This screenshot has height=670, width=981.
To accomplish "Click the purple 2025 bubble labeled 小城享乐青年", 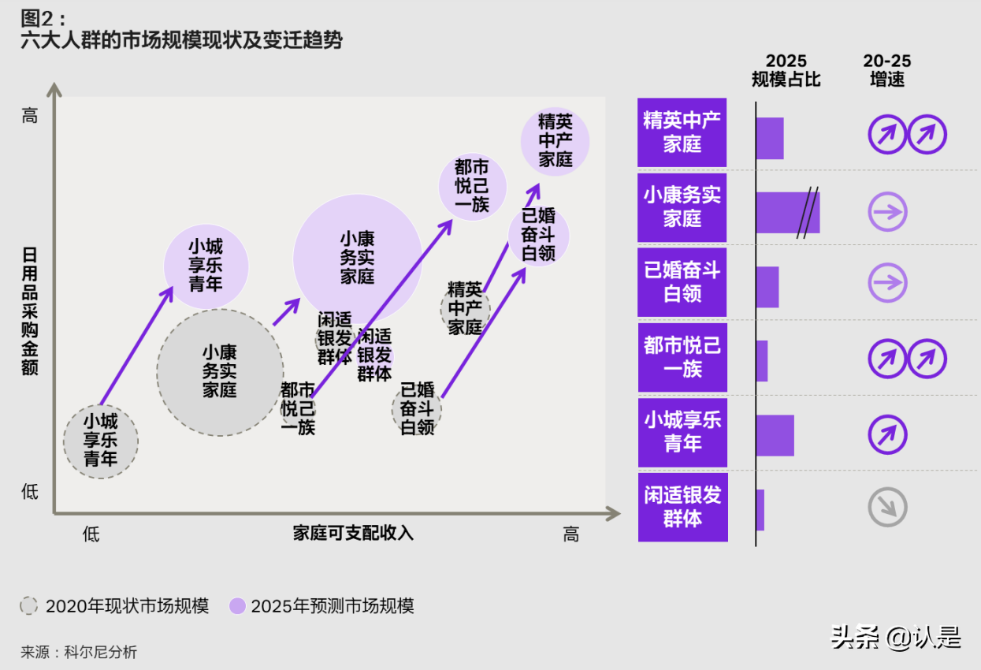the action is click(x=206, y=266).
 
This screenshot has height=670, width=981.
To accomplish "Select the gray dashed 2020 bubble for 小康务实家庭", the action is click(x=220, y=371).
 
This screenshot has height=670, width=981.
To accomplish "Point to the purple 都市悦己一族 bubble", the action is click(x=472, y=186).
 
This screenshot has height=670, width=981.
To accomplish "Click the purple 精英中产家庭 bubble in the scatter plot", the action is click(x=556, y=140).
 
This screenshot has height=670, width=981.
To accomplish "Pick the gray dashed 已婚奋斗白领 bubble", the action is click(x=417, y=408).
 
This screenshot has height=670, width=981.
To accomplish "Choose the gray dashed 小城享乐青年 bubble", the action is click(x=100, y=441).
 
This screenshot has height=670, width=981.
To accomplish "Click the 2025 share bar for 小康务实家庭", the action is click(x=786, y=212).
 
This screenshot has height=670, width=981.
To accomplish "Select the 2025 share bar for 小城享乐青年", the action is click(x=775, y=435).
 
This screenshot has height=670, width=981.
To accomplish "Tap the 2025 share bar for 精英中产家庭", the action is click(x=770, y=138).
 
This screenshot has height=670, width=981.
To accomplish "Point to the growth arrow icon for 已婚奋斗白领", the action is click(x=887, y=283).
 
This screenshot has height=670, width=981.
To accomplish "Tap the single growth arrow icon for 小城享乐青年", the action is click(x=887, y=435).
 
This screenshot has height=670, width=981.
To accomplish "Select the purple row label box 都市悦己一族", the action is click(x=682, y=357).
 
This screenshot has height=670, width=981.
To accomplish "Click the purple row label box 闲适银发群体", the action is click(x=682, y=507).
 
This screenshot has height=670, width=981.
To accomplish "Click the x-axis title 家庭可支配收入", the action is click(x=353, y=534).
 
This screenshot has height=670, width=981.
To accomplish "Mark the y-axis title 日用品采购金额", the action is click(x=30, y=311).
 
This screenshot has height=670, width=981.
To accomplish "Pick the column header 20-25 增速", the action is click(x=886, y=70).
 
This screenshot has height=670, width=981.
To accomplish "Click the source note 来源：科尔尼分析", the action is click(x=79, y=652).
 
